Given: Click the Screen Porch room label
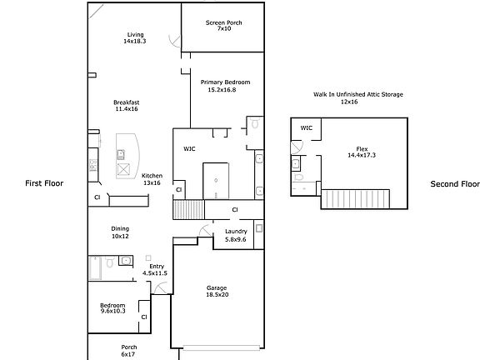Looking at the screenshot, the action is [224, 22].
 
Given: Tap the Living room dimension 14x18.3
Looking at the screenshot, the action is [135, 41].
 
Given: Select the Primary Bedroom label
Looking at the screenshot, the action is [225, 82].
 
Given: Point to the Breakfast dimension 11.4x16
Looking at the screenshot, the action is [127, 108].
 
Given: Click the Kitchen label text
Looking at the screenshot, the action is [152, 176].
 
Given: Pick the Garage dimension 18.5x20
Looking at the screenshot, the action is [217, 294].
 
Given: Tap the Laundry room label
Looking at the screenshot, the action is [236, 232].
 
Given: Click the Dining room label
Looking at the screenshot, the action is [120, 228].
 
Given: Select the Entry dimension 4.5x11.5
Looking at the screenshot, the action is [155, 273].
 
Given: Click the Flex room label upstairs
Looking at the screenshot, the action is [362, 149].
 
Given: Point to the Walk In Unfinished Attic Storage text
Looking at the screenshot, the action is [357, 94].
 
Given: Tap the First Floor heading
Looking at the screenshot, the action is [44, 183].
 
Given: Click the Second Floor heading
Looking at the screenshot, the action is [455, 184].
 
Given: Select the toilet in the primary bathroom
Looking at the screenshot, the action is [255, 122].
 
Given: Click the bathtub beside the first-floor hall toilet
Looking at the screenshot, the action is [95, 268].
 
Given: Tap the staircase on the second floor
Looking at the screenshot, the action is [355, 199].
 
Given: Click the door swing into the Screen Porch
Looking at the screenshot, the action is [175, 41].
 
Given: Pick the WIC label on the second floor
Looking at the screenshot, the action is [306, 127].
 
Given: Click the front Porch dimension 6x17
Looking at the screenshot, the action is [128, 354].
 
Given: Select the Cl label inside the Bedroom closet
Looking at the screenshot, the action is [144, 317].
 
